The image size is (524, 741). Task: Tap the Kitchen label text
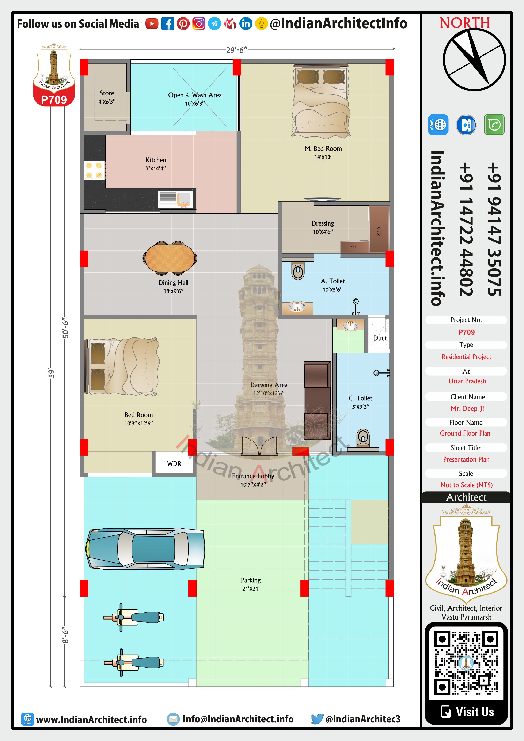[156, 160]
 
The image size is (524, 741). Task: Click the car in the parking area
[145, 549]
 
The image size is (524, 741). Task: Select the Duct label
[380, 338]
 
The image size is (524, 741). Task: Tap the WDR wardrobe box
[174, 463]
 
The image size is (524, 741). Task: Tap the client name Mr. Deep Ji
[467, 409]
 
